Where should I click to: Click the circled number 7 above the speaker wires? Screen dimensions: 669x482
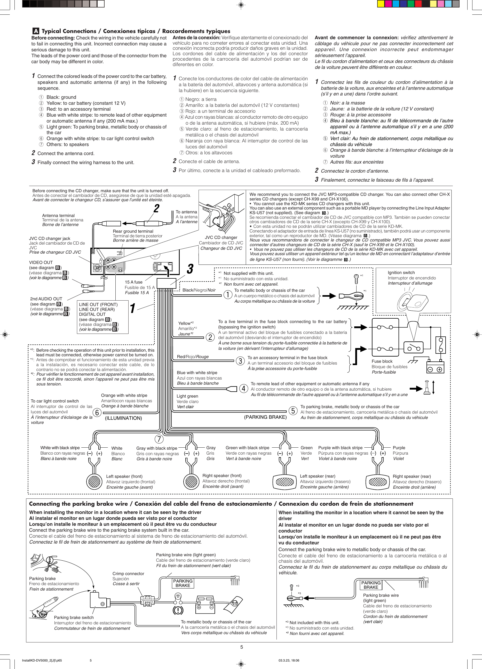click(x=159, y=439)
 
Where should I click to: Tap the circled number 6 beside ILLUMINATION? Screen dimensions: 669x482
click(x=97, y=413)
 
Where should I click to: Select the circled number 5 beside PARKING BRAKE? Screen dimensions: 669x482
click(x=293, y=410)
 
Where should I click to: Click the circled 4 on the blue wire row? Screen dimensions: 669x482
click(x=243, y=389)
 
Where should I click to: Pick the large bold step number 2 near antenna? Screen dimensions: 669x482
click(x=156, y=208)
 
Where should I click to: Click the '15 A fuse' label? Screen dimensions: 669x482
click(x=133, y=282)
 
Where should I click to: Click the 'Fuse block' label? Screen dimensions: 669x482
click(x=382, y=361)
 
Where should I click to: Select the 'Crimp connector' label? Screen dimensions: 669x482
click(x=128, y=574)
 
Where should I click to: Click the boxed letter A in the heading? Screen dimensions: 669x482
click(x=36, y=31)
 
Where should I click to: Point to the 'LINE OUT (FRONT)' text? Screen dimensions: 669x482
click(x=98, y=304)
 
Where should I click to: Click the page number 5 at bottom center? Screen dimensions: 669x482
click(x=241, y=647)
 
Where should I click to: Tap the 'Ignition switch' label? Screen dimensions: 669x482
click(x=401, y=272)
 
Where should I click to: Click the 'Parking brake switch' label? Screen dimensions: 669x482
click(x=74, y=617)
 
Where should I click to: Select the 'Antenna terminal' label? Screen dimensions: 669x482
click(x=58, y=216)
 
